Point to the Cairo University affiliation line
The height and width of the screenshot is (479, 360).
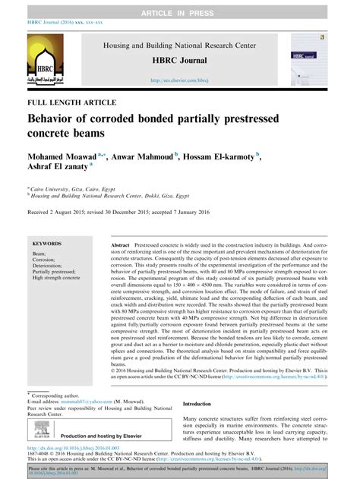click(x=72, y=188)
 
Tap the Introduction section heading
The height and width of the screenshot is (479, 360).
click(x=206, y=405)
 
